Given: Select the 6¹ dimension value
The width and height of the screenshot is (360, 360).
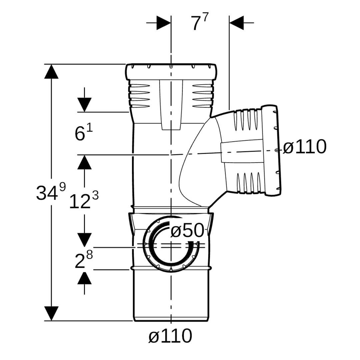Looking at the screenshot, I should click(84, 133).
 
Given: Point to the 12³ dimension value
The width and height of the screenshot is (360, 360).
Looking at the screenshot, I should click(84, 201).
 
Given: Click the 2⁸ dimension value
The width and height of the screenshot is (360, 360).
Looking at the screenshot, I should click(84, 260).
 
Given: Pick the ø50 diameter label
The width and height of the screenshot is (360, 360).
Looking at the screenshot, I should click(187, 230).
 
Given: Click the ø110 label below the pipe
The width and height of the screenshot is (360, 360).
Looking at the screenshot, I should click(170, 336).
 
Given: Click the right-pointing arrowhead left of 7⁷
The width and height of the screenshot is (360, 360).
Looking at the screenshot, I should click(163, 23).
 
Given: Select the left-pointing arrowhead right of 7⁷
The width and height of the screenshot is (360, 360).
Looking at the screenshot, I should click(237, 23).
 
